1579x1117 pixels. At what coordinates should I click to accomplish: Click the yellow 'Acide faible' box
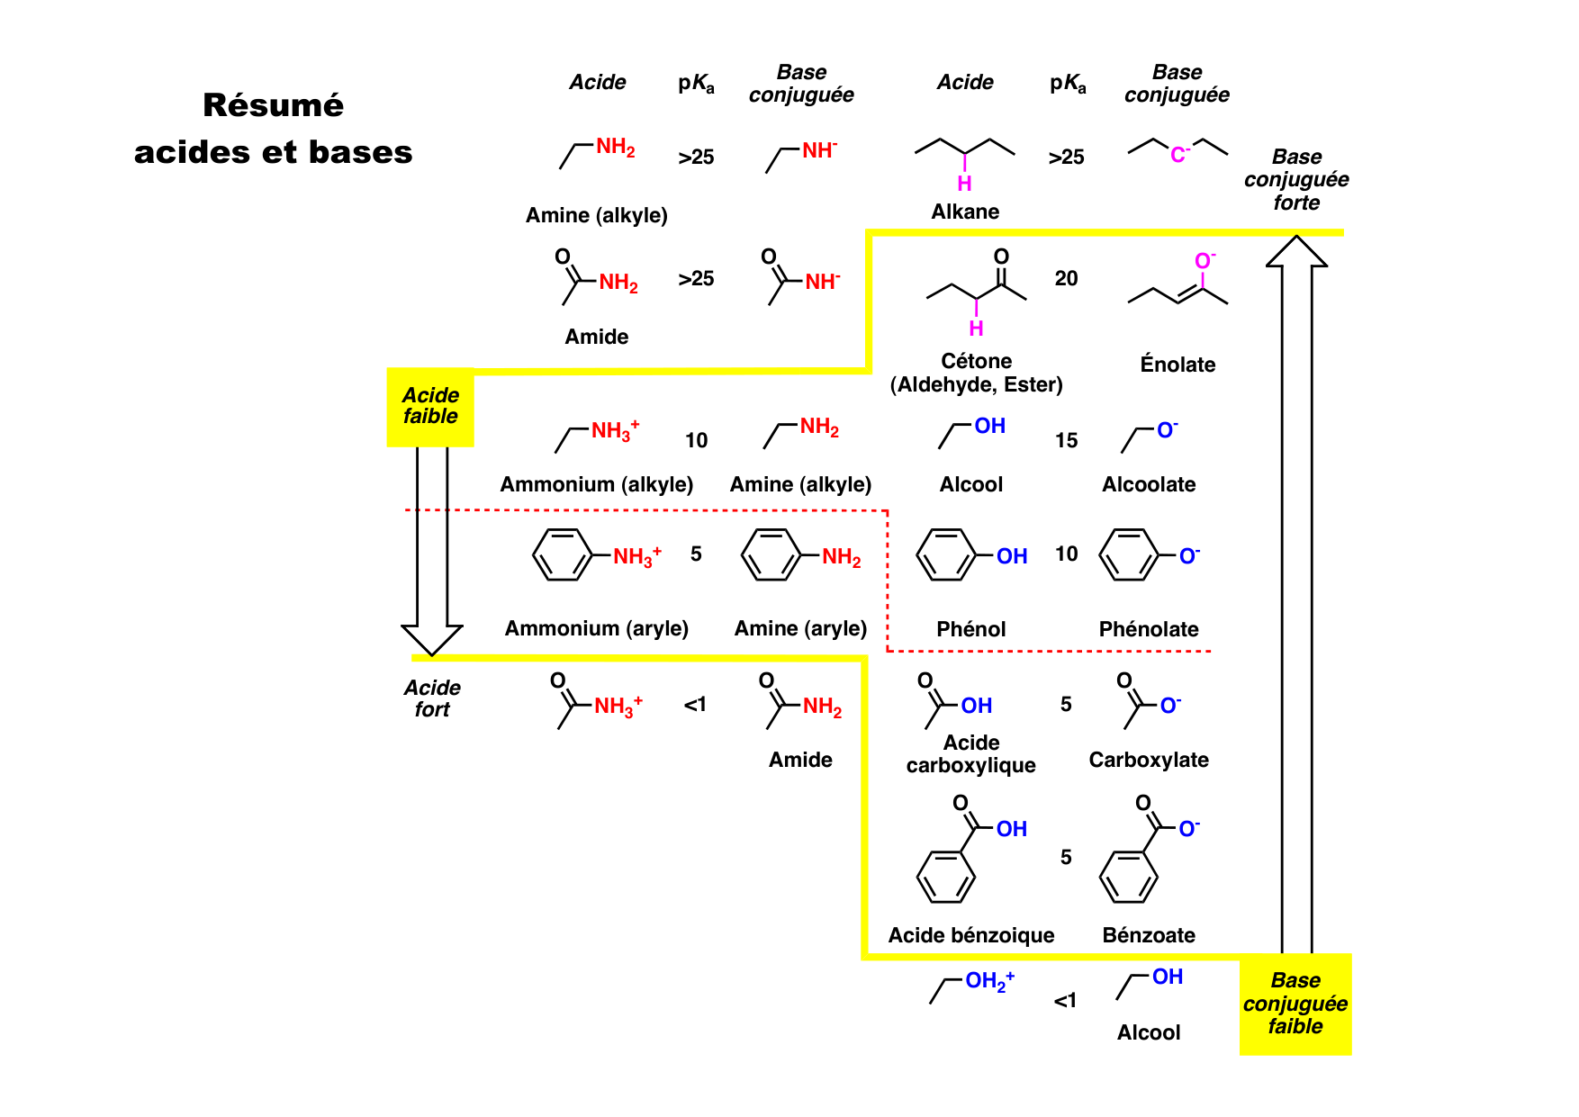[x=430, y=407]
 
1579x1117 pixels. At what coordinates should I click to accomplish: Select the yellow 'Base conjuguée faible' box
[x=1295, y=1004]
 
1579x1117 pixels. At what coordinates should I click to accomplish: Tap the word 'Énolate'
[x=1177, y=365]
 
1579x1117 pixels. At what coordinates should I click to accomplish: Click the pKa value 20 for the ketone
[x=1066, y=279]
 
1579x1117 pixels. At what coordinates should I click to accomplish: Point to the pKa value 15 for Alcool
[x=1066, y=441]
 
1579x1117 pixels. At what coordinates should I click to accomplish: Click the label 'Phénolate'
[x=1149, y=629]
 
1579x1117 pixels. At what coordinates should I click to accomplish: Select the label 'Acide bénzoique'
[x=970, y=935]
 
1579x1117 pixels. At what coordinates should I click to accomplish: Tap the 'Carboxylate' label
[x=1149, y=760]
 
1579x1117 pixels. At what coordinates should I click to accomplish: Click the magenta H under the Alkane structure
[x=964, y=184]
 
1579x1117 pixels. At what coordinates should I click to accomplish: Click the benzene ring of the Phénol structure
[x=945, y=555]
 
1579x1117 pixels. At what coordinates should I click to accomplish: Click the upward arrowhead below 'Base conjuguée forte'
[x=1296, y=252]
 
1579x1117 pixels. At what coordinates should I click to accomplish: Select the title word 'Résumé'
[x=273, y=105]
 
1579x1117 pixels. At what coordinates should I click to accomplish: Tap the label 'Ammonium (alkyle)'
[x=596, y=484]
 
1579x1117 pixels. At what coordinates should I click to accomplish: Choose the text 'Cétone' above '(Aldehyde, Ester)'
[x=976, y=361]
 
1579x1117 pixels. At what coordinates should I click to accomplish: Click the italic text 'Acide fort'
[x=432, y=698]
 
